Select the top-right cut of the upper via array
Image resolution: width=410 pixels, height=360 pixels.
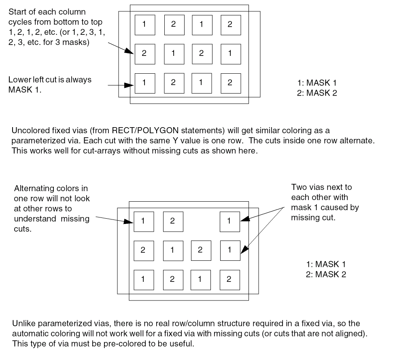[230, 25]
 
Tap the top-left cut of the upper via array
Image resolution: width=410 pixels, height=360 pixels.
[144, 25]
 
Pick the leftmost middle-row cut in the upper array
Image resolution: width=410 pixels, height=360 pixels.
[144, 54]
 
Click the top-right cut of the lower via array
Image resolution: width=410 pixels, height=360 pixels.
[229, 221]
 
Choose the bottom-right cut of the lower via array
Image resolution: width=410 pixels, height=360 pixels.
[229, 280]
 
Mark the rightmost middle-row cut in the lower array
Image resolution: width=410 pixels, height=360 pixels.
[229, 250]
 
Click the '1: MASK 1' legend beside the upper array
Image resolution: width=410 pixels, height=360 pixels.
[317, 83]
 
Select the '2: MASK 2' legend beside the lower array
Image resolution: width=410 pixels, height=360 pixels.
[326, 274]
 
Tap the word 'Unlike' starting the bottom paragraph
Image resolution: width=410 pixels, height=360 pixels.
[21, 324]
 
